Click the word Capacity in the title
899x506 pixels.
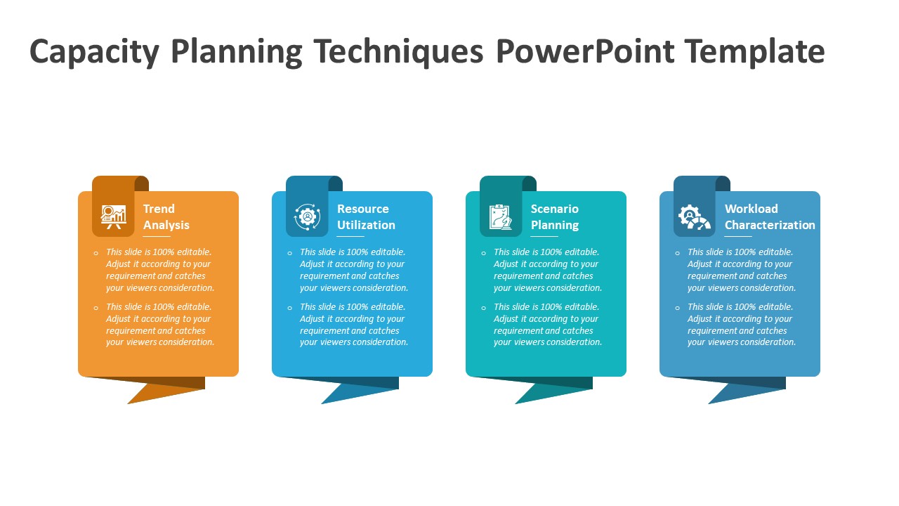(94, 52)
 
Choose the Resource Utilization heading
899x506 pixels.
(366, 216)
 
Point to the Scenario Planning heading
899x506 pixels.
(555, 216)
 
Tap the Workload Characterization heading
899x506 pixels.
(770, 216)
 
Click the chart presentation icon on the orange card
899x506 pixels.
(113, 216)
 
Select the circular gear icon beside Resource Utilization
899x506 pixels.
(307, 216)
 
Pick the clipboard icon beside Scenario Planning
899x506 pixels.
(501, 216)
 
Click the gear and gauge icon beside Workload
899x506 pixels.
(694, 216)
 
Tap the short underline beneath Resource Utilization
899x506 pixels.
(350, 237)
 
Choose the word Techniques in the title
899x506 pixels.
(398, 52)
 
